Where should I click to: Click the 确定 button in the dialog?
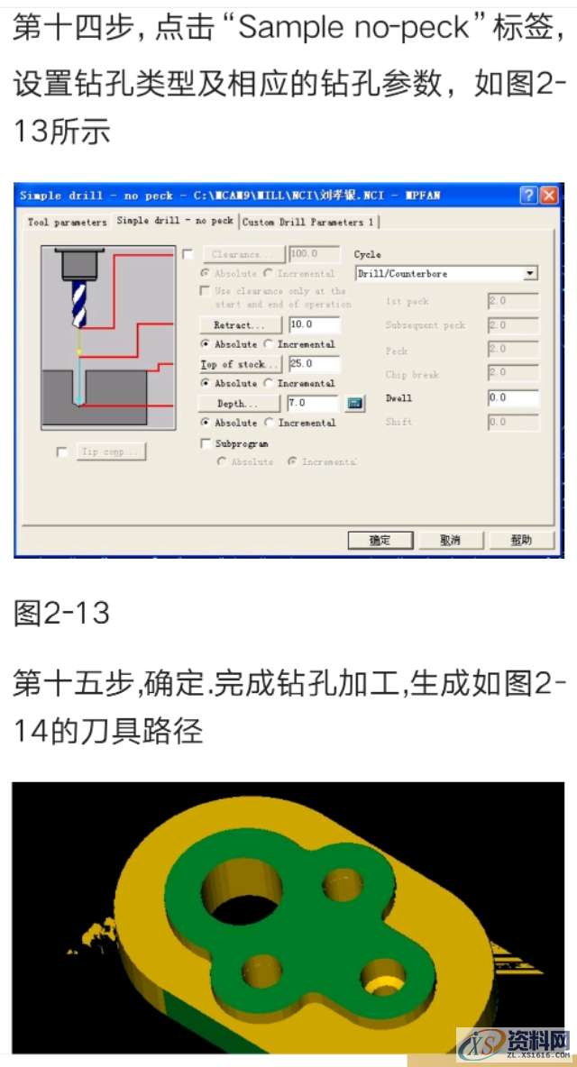tap(380, 540)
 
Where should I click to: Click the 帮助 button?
tap(520, 540)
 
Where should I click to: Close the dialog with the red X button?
tap(549, 196)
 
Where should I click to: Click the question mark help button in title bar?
tap(528, 196)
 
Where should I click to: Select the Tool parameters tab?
tap(67, 222)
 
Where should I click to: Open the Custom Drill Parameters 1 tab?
tap(309, 222)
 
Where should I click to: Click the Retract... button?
tap(239, 325)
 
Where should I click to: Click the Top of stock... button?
tap(239, 364)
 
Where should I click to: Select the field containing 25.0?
tap(314, 364)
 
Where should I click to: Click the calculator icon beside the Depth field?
tap(355, 404)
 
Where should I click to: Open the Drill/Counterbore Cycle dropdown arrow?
tap(530, 273)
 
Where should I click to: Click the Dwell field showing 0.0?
tap(512, 397)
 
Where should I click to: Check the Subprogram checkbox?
tap(205, 443)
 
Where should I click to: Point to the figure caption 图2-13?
tap(61, 613)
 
